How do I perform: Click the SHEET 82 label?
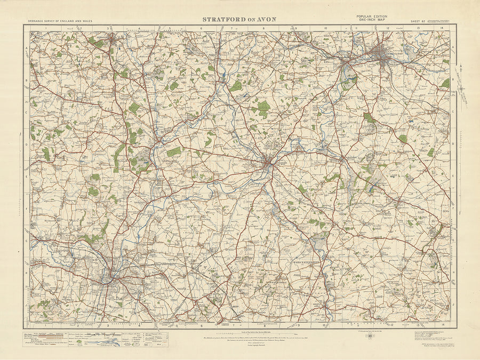tap(418, 22)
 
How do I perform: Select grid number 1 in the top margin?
tap(46, 28)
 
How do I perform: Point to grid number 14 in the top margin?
tap(442, 28)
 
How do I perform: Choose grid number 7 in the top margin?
tap(233, 28)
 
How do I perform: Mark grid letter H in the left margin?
tap(27, 272)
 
